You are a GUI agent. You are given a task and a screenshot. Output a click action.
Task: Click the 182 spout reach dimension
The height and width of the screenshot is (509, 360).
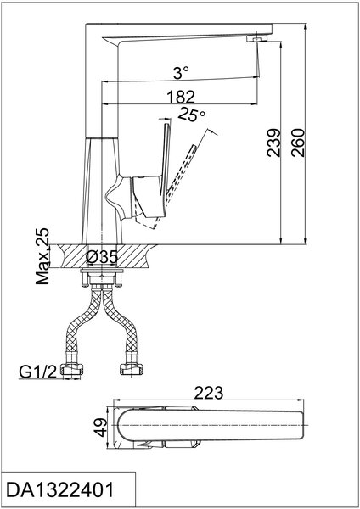click(x=181, y=97)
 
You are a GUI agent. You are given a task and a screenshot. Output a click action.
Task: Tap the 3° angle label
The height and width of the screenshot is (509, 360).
click(x=181, y=72)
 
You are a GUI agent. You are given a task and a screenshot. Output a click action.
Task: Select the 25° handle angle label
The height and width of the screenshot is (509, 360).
click(x=192, y=115)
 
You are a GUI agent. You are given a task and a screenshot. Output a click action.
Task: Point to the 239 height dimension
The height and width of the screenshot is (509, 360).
click(x=273, y=143)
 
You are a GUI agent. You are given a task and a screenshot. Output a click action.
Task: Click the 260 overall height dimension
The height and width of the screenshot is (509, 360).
click(x=298, y=143)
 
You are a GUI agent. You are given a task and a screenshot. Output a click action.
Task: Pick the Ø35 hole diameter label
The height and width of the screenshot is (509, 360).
click(x=102, y=257)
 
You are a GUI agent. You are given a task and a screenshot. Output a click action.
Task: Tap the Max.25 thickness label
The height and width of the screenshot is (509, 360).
click(x=42, y=256)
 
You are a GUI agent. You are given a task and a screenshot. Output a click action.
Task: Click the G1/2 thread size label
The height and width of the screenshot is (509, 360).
click(x=38, y=372)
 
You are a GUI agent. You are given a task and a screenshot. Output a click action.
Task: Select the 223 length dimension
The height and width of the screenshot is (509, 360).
click(x=209, y=393)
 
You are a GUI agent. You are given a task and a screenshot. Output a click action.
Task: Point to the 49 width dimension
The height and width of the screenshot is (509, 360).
click(x=101, y=428)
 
